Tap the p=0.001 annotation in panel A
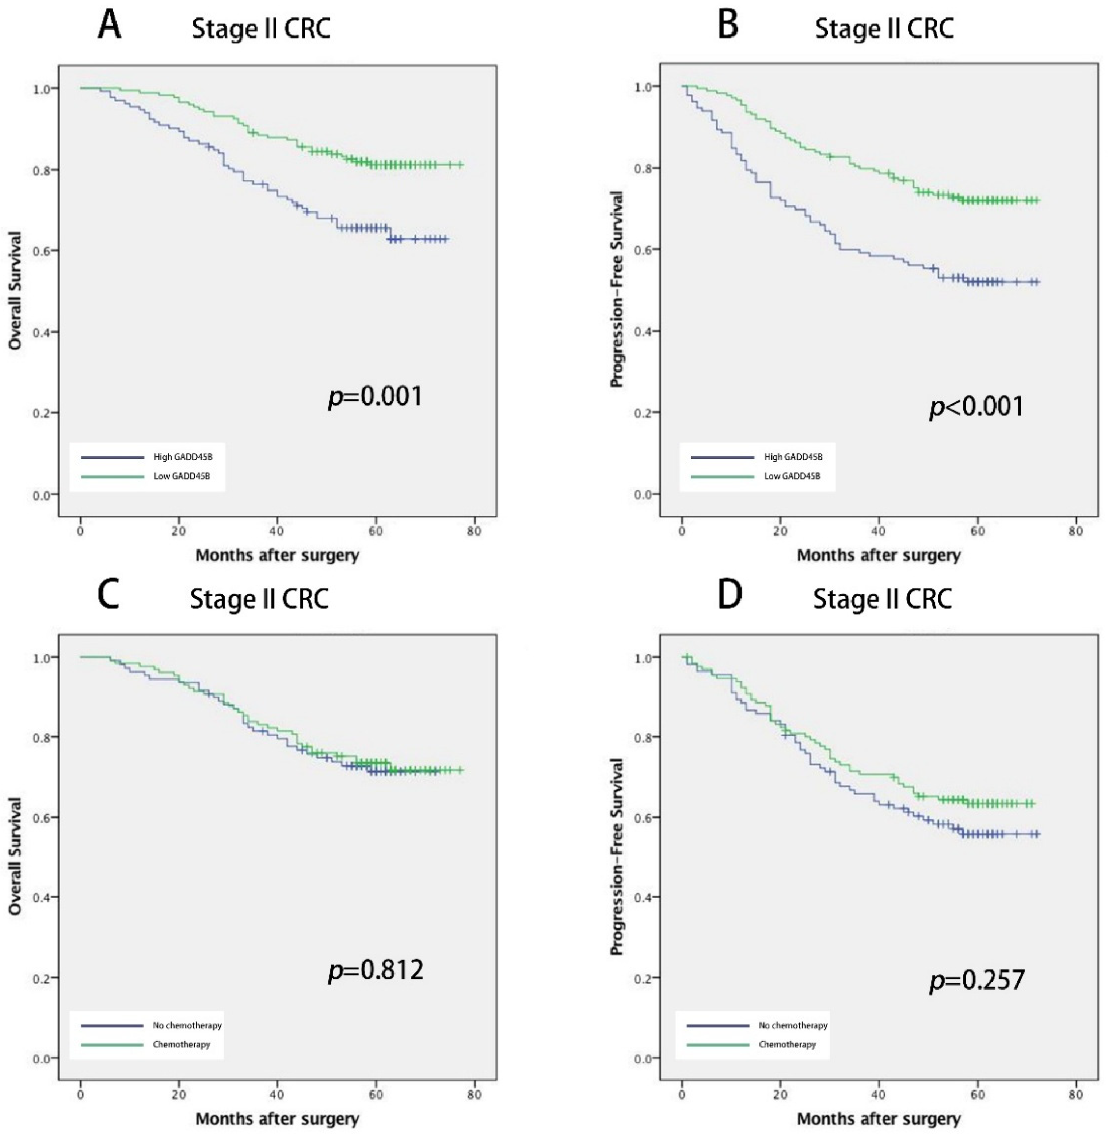pos(376,397)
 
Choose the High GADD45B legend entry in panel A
pos(183,457)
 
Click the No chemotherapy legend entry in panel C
pos(187,1026)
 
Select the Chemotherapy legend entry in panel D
pos(787,1045)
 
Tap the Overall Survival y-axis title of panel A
pos(16,291)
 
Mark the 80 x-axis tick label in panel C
pos(474,1095)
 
